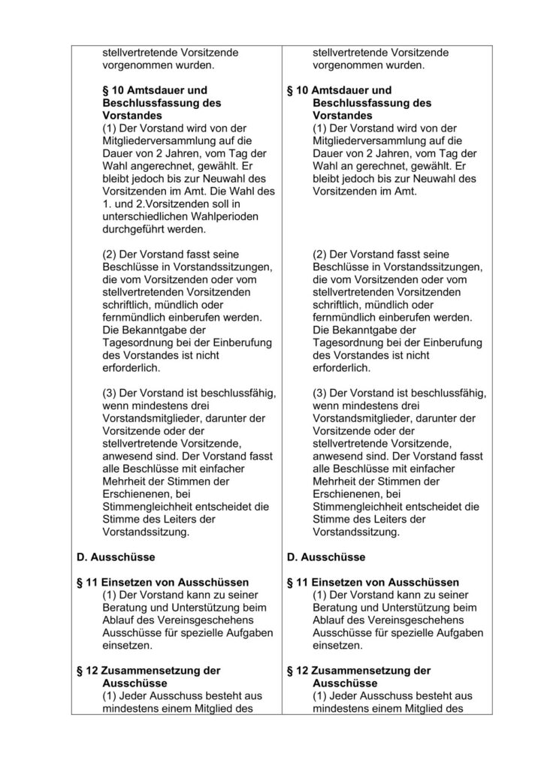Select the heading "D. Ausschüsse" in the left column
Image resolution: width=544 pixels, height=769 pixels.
click(x=116, y=557)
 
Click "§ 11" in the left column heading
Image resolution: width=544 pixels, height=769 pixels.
click(x=89, y=583)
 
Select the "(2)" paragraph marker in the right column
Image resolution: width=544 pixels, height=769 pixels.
click(x=320, y=255)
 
